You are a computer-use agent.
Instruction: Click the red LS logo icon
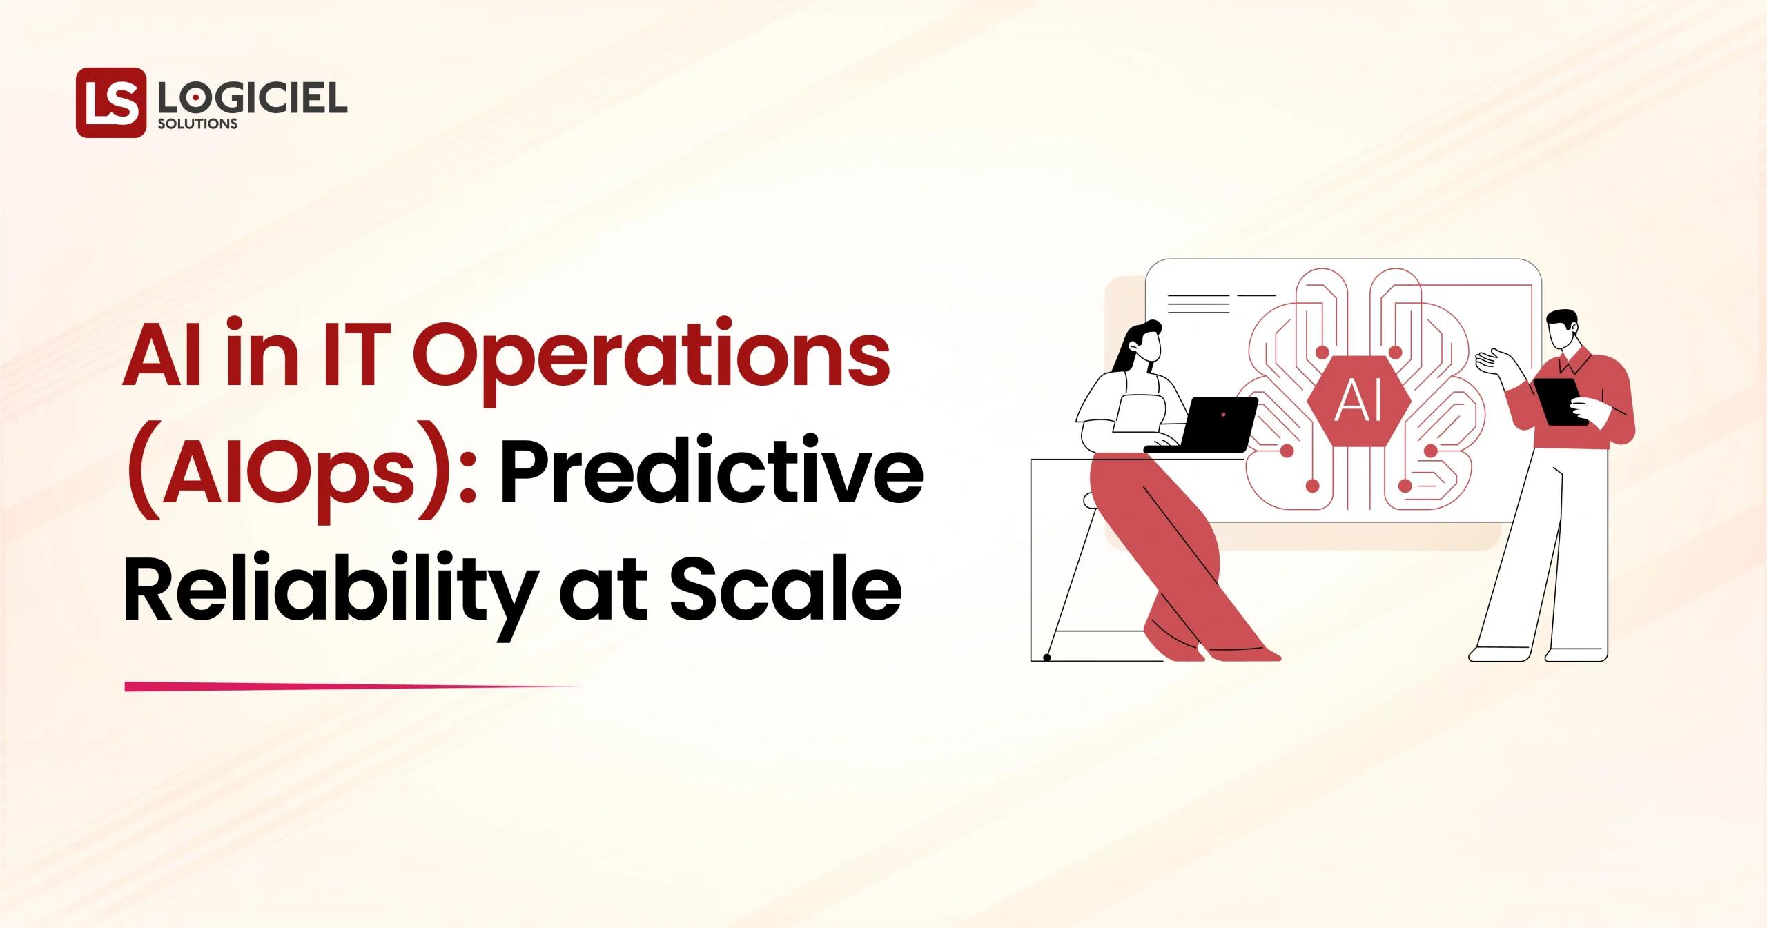pyautogui.click(x=111, y=102)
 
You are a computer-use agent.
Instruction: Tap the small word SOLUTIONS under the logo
pyautogui.click(x=197, y=125)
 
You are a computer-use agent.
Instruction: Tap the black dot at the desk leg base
pyautogui.click(x=1046, y=658)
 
